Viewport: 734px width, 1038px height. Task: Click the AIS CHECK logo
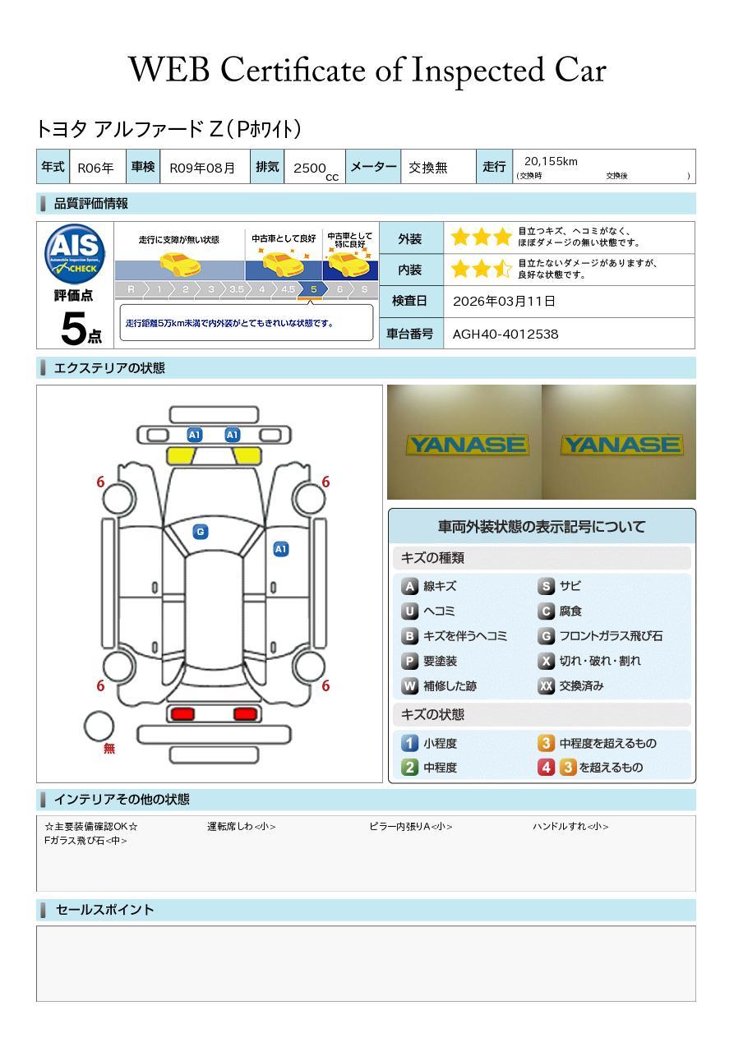point(75,254)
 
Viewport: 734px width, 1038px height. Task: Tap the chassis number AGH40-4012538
point(505,334)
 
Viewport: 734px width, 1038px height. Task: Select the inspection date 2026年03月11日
point(504,301)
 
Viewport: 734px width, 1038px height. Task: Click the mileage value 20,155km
point(551,161)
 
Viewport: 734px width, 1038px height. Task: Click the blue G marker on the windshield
point(200,532)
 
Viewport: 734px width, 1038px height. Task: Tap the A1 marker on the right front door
point(280,549)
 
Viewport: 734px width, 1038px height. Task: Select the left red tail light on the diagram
point(182,713)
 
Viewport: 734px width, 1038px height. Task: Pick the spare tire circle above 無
point(99,726)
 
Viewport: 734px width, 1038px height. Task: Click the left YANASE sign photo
point(464,444)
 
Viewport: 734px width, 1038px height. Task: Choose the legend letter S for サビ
point(546,586)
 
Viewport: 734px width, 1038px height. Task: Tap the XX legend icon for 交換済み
point(546,685)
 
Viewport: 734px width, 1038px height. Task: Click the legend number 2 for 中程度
point(409,767)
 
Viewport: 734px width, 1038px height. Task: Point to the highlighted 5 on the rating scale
point(313,289)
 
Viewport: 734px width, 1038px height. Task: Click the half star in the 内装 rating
point(502,269)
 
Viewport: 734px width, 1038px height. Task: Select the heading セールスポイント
point(104,910)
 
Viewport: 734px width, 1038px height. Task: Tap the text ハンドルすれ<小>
point(570,827)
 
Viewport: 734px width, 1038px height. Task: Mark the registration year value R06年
point(95,168)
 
